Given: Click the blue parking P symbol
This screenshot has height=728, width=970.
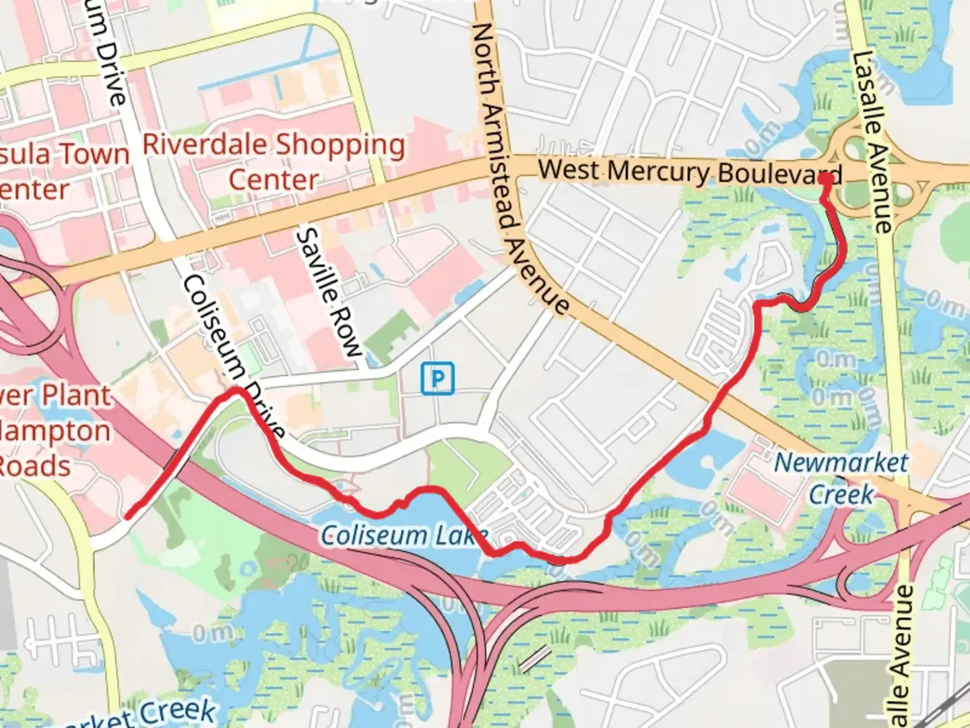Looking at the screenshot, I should click(438, 378).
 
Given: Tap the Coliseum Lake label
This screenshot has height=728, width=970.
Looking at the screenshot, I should click(403, 536).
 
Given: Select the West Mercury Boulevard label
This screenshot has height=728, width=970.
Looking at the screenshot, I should click(690, 172).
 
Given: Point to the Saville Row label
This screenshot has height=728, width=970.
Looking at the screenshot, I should click(329, 291).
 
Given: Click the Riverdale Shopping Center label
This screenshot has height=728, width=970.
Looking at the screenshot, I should click(273, 162).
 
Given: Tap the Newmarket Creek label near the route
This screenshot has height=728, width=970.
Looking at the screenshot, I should click(841, 479).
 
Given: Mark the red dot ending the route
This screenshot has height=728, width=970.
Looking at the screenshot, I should click(824, 179).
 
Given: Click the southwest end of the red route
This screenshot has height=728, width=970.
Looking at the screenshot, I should click(128, 517).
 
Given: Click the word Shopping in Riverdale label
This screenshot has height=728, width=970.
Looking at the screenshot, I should click(340, 145).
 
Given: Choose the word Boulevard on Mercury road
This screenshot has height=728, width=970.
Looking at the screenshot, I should click(779, 174).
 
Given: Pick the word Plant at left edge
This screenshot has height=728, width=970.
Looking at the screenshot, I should click(75, 396).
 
